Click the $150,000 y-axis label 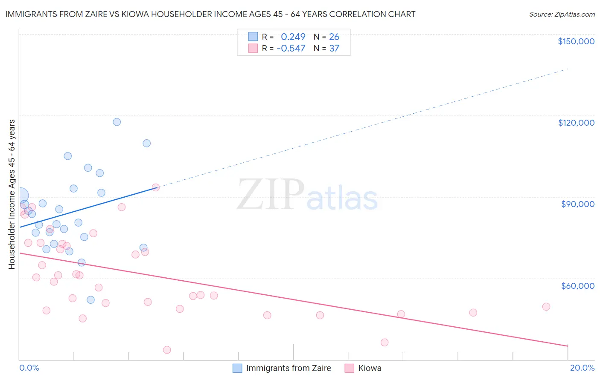click(x=576, y=41)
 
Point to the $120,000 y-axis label click(x=576, y=123)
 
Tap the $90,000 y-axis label click(x=577, y=204)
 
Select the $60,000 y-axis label click(x=577, y=285)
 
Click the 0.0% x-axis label click(x=29, y=368)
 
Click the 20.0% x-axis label click(x=582, y=368)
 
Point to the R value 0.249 click(x=293, y=37)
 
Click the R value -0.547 click(x=291, y=49)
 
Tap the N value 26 click(x=334, y=37)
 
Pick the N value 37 click(x=334, y=49)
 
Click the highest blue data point click(x=117, y=122)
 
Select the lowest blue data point click(x=90, y=300)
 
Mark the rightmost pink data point click(x=546, y=307)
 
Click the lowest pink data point click(x=167, y=350)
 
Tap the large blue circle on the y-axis click(x=20, y=196)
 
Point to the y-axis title click(x=12, y=194)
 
